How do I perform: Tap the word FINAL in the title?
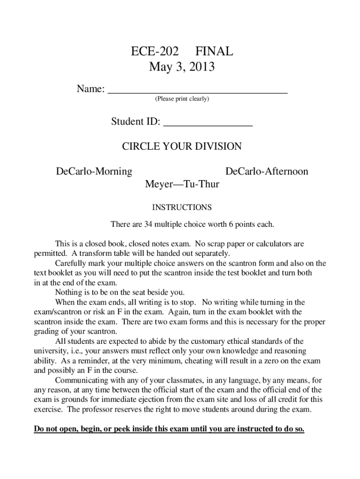pos(214,51)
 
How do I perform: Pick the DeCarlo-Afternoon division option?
pos(266,172)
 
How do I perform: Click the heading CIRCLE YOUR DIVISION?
pos(182,146)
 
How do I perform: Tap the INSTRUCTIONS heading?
pos(182,207)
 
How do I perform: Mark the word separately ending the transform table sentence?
pos(212,254)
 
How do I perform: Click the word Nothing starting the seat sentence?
pos(68,293)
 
